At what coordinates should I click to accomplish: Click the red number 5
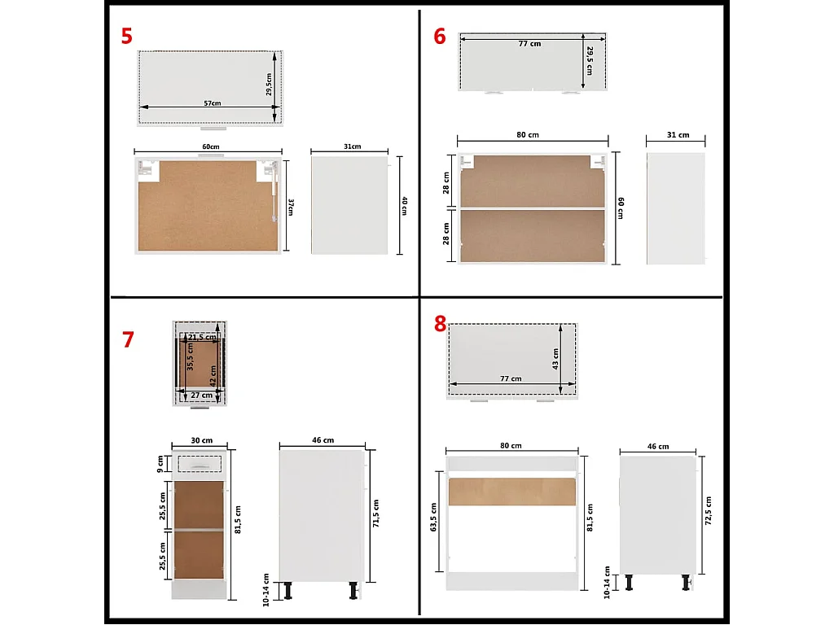126,37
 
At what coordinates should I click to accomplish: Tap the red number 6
440,37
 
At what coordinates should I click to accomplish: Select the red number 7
128,339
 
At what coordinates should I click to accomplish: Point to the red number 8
440,324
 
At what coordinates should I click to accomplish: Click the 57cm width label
212,103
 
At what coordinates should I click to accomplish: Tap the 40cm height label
403,207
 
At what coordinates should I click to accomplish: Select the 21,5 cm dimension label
196,337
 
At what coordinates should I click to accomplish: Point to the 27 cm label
201,396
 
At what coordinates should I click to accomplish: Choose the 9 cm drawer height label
160,465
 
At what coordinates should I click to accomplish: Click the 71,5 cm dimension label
375,513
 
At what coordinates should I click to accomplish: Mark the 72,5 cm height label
708,511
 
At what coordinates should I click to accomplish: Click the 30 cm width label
200,440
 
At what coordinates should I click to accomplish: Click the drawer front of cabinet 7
200,464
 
